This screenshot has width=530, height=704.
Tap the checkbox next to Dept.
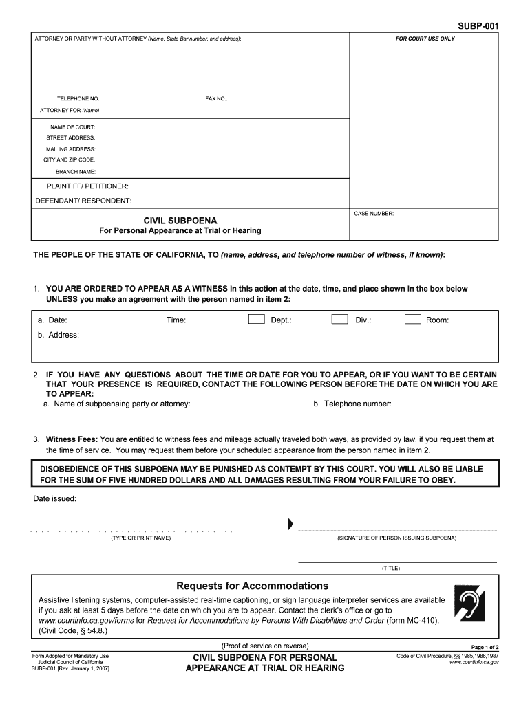(256, 319)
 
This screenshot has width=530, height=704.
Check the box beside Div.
(339, 319)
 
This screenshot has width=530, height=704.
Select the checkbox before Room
(412, 319)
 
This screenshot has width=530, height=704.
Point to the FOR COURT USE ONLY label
(425, 38)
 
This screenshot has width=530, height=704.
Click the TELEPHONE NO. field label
(79, 99)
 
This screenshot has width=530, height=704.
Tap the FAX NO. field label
(216, 99)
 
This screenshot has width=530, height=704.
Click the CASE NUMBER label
(374, 214)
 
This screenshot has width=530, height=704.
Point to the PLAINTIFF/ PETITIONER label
(87, 186)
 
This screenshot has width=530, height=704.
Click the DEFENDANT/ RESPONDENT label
(83, 201)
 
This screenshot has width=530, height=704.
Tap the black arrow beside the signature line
(290, 525)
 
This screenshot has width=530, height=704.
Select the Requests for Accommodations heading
(253, 586)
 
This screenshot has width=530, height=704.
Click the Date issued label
(55, 498)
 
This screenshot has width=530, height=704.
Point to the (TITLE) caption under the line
(391, 569)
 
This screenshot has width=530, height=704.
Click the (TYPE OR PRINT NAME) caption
(140, 538)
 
